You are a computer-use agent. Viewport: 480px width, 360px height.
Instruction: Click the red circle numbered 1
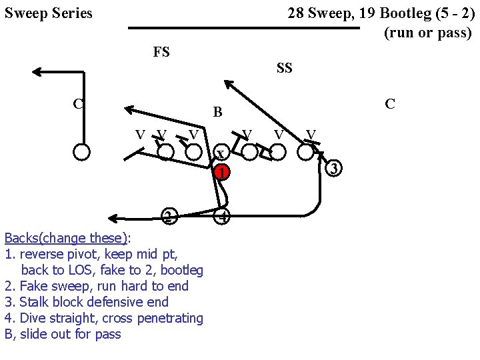click(223, 173)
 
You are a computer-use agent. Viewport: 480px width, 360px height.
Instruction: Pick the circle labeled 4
click(223, 217)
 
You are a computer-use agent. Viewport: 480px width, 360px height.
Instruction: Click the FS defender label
click(161, 52)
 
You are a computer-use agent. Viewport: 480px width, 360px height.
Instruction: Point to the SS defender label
click(284, 68)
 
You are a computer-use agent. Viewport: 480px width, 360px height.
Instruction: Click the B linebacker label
click(217, 112)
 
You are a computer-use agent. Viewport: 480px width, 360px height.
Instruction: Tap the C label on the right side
click(390, 103)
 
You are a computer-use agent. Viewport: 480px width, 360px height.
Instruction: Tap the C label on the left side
click(79, 103)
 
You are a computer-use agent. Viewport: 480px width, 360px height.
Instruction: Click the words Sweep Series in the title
click(49, 13)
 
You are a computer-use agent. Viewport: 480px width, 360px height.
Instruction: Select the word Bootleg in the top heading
click(405, 13)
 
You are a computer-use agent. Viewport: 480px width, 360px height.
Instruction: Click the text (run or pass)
click(427, 33)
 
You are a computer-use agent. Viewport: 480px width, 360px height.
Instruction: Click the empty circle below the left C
click(81, 152)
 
